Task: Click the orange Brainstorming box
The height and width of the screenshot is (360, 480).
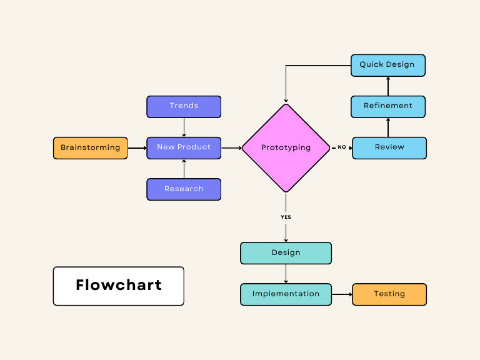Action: pos(90,148)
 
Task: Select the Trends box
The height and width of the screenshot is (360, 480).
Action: pos(184,106)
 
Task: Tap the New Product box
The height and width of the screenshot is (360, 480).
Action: pos(184,147)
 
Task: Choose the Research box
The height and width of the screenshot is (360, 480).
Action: pos(184,189)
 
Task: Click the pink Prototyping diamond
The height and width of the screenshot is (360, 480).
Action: pos(286,148)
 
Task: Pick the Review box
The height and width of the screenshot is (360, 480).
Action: pos(389,147)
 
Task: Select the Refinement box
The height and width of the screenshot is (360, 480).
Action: pos(387,106)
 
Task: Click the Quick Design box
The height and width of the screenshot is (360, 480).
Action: pos(387,65)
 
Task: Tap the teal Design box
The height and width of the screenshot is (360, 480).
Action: pos(286,253)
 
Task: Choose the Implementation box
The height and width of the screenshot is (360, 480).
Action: pos(286,294)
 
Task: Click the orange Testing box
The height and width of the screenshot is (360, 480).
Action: pos(389,294)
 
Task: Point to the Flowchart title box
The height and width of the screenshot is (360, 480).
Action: pos(118,286)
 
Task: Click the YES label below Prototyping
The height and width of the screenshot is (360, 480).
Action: pos(286,217)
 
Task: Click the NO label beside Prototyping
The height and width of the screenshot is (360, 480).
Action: pos(342,147)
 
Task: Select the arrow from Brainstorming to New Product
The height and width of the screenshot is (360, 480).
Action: pos(137,148)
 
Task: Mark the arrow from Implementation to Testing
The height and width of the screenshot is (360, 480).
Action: pos(342,294)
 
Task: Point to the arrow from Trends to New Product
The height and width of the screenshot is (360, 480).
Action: pos(184,127)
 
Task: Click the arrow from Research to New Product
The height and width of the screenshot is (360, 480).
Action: pos(184,169)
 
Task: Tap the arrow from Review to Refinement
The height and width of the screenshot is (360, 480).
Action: pos(388,127)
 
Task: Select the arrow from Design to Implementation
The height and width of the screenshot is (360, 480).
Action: pos(286,274)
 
